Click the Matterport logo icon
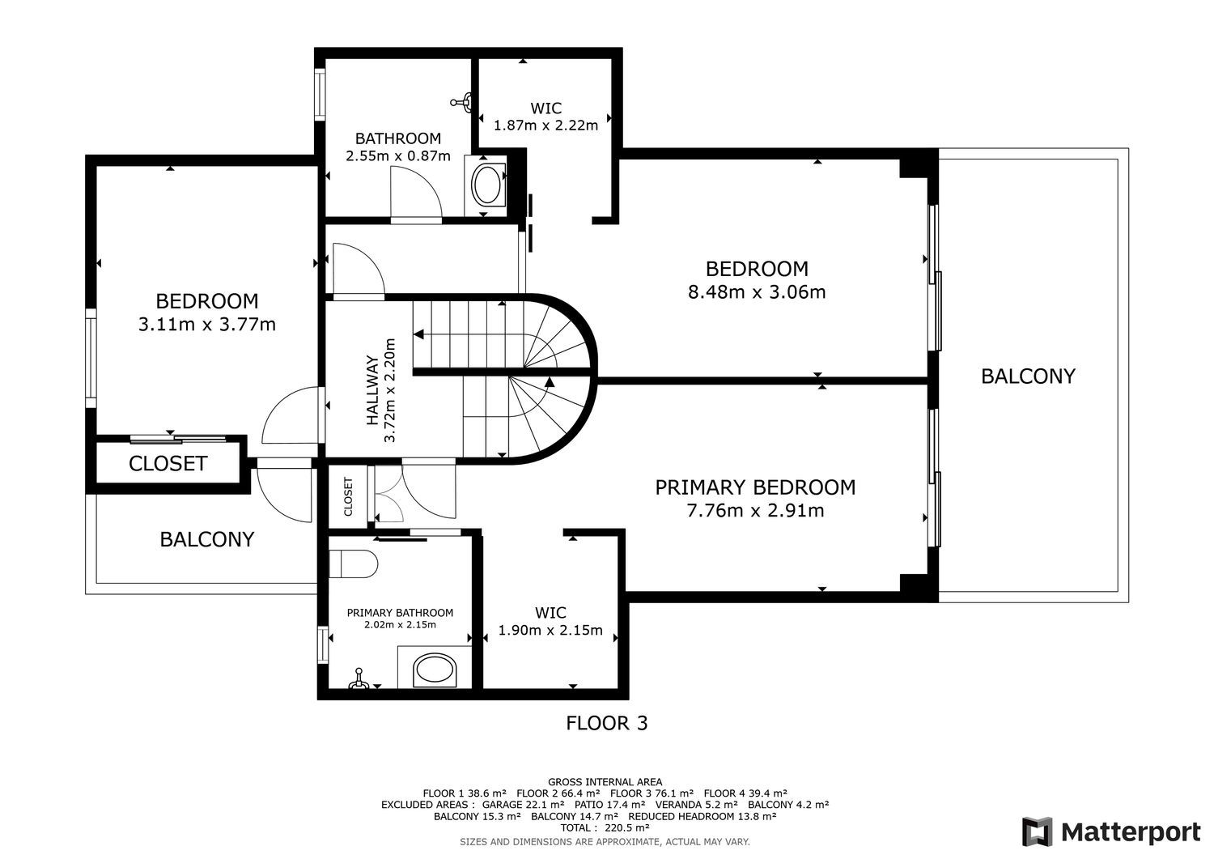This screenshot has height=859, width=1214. (x=1037, y=832)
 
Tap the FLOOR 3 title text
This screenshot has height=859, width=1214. (x=606, y=724)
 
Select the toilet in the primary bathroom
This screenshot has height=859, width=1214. (x=353, y=564)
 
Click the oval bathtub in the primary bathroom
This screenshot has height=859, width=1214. (x=435, y=670)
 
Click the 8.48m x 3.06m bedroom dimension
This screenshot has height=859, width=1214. (x=757, y=292)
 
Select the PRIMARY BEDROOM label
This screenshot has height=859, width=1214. (x=755, y=487)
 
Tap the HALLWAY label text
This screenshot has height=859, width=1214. (x=372, y=390)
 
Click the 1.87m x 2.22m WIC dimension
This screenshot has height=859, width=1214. (x=545, y=125)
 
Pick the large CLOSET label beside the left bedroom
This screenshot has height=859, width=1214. (x=168, y=464)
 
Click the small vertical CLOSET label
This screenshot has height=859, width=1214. (x=348, y=497)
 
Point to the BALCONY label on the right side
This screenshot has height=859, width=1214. (x=1028, y=376)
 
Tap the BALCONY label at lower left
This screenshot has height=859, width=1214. (x=207, y=539)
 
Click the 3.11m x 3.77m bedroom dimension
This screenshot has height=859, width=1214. (x=207, y=325)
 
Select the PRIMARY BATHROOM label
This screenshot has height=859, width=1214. (x=400, y=613)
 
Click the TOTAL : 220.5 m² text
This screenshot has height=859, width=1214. (x=605, y=828)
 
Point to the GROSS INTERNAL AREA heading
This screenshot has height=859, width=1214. (x=605, y=782)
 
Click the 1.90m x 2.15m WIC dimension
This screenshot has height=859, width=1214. (x=550, y=630)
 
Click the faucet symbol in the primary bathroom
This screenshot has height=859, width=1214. (x=358, y=679)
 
